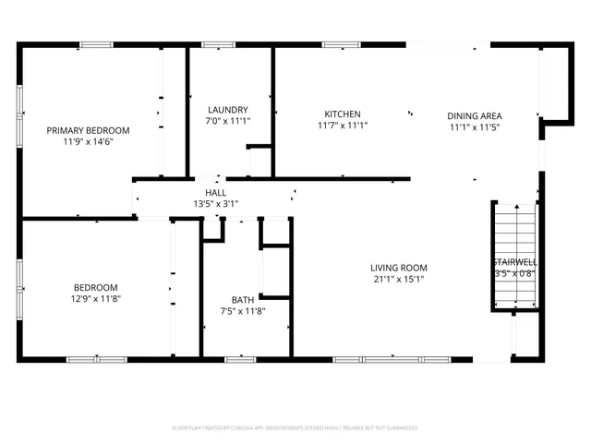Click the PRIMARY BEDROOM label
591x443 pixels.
89,130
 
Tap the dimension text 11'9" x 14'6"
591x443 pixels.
89,143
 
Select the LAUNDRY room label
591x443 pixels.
227,109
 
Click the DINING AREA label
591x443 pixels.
474,115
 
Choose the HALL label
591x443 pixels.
215,192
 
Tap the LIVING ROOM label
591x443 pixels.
399,268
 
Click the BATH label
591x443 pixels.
243,299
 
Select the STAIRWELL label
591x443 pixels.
515,262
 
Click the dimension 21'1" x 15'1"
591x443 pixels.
399,281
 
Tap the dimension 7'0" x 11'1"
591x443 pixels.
227,121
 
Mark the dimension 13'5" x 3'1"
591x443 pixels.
215,204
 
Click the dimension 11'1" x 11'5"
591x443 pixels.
474,127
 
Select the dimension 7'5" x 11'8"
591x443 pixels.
243,311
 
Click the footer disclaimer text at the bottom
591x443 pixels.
295,428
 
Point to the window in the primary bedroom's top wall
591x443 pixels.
96,43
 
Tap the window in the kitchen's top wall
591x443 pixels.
334,43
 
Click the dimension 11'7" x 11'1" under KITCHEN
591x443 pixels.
343,126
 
